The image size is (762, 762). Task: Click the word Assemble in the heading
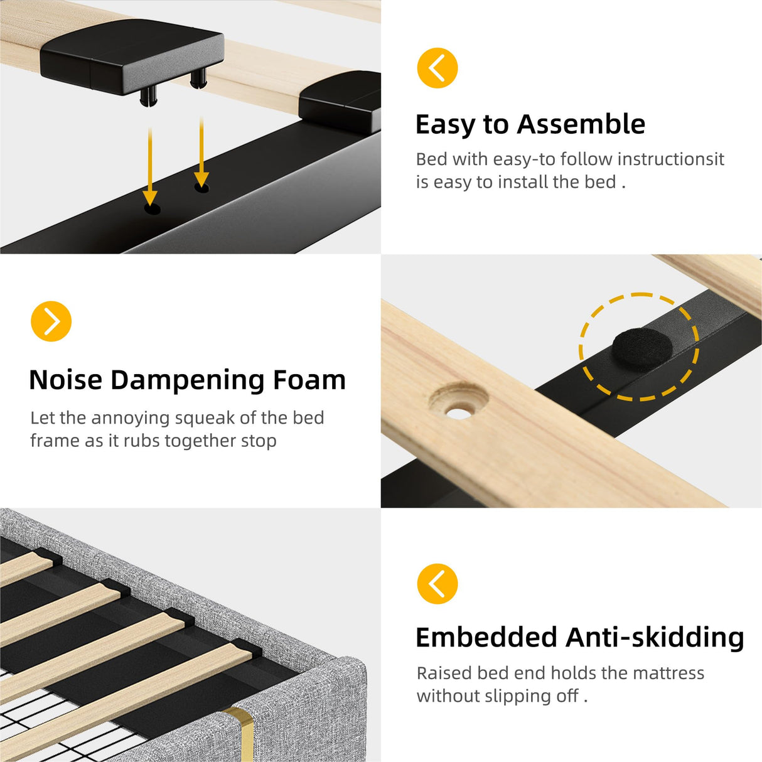point(581,124)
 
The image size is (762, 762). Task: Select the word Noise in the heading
point(66,380)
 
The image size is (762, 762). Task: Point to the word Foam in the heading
point(309,380)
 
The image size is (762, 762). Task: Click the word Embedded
point(486,638)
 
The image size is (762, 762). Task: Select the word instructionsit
point(670,159)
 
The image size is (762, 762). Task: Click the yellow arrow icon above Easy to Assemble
point(437,68)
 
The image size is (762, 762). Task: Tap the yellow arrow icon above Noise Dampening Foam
point(51,321)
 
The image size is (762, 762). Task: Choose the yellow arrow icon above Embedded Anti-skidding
point(437,584)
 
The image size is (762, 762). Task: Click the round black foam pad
point(642,349)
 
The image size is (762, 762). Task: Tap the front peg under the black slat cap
point(148,97)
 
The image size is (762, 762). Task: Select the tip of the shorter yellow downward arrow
point(201,186)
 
